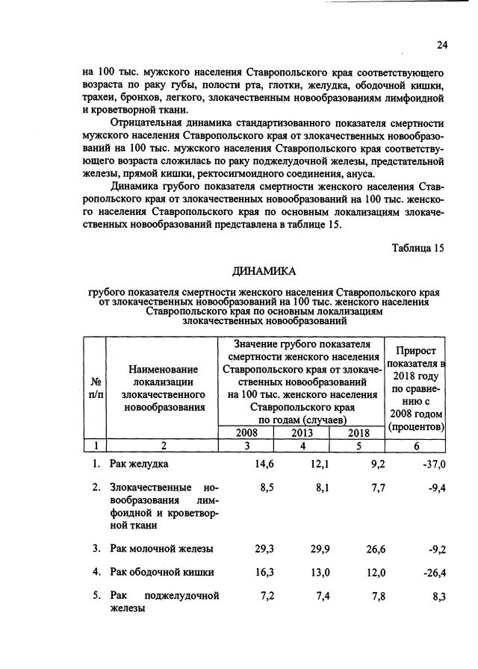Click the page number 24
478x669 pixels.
[x=441, y=45]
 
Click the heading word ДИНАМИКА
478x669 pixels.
[x=264, y=270]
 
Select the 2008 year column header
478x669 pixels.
[x=246, y=433]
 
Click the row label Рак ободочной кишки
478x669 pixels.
[x=162, y=573]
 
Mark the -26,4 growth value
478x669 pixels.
[x=432, y=573]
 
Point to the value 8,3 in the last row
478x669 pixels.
[x=438, y=597]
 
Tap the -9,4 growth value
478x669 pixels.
[x=435, y=488]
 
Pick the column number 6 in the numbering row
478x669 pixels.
[x=416, y=446]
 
